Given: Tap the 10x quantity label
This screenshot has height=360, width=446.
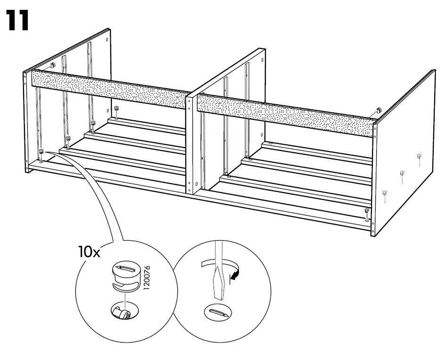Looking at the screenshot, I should coord(90,252).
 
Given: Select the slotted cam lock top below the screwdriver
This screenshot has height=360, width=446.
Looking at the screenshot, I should coord(218,313).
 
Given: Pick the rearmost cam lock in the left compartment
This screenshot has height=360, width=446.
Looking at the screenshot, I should coord(116,110).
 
